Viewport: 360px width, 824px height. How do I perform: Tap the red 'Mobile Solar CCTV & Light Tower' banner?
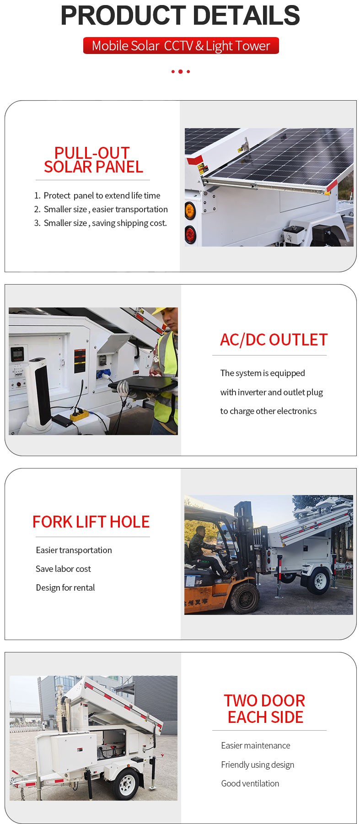(181, 46)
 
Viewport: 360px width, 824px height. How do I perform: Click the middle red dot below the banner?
(181, 71)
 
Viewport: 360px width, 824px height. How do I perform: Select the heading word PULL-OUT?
(92, 153)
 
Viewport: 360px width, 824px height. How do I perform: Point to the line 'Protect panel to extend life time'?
(102, 195)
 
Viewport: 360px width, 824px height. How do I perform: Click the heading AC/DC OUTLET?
(274, 340)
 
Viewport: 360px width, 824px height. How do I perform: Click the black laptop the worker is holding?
(142, 384)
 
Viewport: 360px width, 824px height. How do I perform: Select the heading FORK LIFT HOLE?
(91, 522)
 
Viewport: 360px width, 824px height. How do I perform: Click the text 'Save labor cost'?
(63, 569)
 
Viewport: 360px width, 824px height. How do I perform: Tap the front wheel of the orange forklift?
(245, 598)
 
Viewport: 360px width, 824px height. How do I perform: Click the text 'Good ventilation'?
(250, 783)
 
